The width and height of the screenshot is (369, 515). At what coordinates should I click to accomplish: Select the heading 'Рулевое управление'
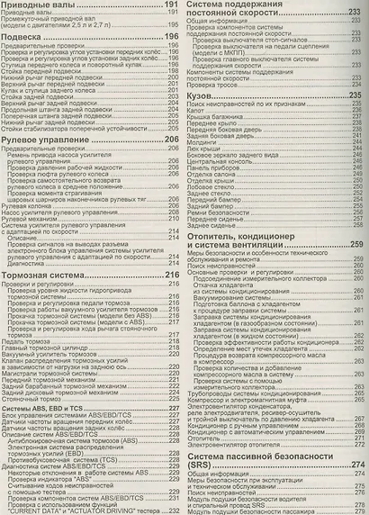(50, 141)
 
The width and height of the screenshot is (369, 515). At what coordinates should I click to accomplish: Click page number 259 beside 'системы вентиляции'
(356, 246)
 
